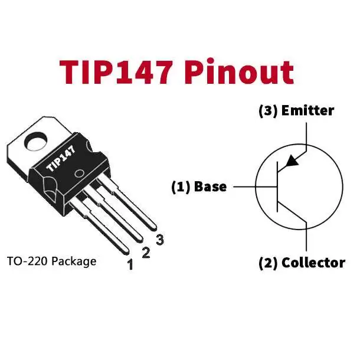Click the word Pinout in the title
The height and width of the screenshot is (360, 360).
[239, 71]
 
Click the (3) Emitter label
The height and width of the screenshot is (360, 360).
[296, 111]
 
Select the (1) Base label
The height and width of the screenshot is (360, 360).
[199, 186]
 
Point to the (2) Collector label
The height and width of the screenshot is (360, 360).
[302, 263]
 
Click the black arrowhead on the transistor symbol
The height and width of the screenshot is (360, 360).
[292, 161]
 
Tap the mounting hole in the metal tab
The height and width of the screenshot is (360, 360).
[36, 142]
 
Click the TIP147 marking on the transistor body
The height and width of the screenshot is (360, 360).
[61, 158]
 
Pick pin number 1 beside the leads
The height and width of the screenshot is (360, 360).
[130, 264]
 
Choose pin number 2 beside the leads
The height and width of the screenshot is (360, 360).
[146, 253]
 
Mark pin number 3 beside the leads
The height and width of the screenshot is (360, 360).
[160, 240]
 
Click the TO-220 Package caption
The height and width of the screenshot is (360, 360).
[52, 261]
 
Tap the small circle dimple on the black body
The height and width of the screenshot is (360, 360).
[80, 174]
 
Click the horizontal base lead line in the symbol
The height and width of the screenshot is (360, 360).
[256, 186]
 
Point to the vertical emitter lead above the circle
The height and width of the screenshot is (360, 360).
[306, 137]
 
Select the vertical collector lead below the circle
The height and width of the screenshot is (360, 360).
[306, 237]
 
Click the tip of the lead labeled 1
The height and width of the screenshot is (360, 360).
[127, 253]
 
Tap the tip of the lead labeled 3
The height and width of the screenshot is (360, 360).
[154, 228]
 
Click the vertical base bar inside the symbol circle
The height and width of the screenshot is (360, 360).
[277, 186]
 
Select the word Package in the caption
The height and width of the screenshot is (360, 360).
[74, 262]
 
